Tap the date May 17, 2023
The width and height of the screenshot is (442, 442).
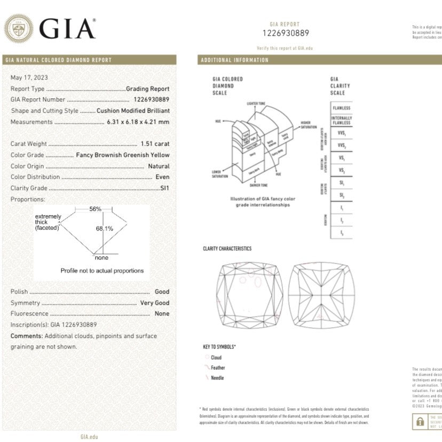(29, 77)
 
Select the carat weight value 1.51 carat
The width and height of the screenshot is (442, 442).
(155, 144)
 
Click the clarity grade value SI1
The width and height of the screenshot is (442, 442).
(165, 188)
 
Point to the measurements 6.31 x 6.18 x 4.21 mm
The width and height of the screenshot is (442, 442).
(136, 122)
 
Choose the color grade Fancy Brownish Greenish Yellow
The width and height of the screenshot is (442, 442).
(123, 155)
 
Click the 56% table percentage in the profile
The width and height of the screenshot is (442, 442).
(96, 209)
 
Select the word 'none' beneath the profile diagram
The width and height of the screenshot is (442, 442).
(101, 258)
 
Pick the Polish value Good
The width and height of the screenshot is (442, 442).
(162, 291)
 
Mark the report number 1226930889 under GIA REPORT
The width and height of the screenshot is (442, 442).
(286, 33)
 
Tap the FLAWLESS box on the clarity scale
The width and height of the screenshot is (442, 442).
(341, 107)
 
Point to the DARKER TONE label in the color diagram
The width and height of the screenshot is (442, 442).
(260, 185)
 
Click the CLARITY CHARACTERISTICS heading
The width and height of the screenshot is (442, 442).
(227, 249)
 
